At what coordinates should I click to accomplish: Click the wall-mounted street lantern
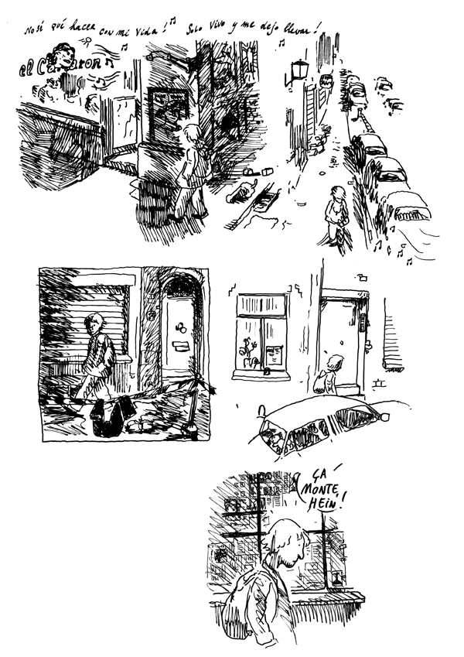[x=298, y=71]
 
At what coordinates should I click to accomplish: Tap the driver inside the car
[x=275, y=439]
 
